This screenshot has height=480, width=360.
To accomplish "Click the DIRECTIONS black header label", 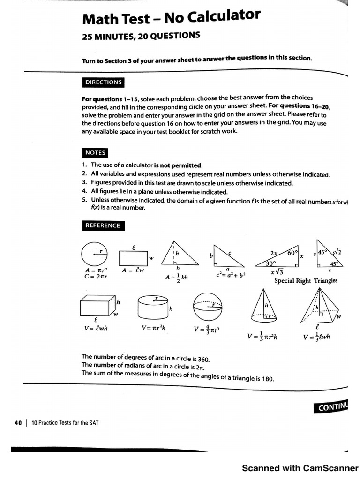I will tap(103, 82).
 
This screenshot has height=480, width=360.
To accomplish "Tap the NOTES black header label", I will tap(95, 153).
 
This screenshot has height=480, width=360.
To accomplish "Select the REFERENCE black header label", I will tap(103, 225).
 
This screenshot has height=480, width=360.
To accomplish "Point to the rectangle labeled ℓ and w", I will tap(133, 258).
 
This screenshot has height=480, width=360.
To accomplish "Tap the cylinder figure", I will tap(153, 307).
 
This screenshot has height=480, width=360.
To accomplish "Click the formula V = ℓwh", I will tap(96, 329).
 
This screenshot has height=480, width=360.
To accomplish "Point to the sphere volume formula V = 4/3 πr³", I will tap(207, 330).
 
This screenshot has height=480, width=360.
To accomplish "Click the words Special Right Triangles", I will tap(306, 281).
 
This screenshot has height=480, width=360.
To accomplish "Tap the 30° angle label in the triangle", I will tap(271, 263).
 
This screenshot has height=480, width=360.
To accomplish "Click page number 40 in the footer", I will tap(18, 422).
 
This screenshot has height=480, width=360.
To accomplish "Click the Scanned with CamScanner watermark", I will tap(300, 468).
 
